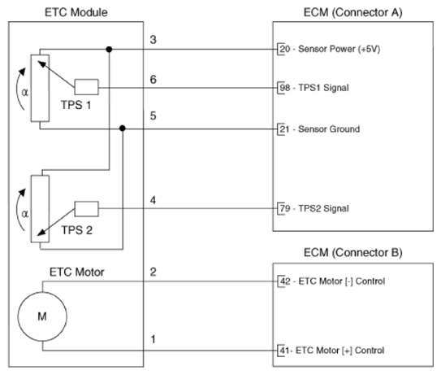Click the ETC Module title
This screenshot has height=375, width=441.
point(76,13)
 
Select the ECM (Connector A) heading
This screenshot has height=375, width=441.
point(353,13)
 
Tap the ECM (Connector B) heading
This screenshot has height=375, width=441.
point(353,252)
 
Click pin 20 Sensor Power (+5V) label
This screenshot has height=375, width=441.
point(330,49)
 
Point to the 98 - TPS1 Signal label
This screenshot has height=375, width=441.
point(314,88)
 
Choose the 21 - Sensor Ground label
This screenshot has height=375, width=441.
point(320,129)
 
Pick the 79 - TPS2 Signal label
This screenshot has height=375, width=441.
point(314,208)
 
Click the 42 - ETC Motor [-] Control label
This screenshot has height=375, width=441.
point(332,281)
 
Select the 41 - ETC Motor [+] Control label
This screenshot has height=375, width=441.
point(332,351)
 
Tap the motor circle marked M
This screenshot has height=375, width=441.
point(42,316)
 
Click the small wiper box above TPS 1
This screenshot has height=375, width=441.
point(86,87)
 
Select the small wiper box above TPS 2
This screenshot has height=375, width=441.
point(86,209)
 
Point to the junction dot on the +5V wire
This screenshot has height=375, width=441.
point(109,50)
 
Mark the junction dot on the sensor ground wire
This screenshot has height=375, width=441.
point(123,129)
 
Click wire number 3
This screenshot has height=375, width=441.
point(153,40)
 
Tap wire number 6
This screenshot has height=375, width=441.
point(153,80)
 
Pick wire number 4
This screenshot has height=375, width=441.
point(153,200)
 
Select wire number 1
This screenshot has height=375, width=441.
point(153,339)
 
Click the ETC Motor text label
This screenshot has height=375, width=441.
point(77,273)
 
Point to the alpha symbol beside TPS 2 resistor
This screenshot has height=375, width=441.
point(24,214)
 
